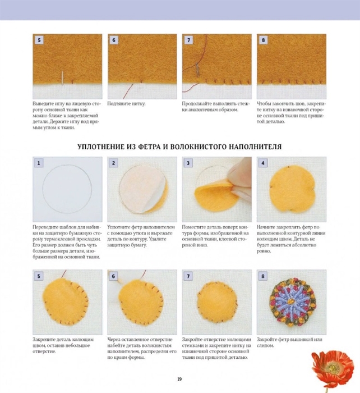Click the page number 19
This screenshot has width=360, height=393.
click(x=179, y=379)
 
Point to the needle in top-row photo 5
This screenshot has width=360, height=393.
click(x=62, y=77)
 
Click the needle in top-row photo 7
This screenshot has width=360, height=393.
click(x=197, y=69)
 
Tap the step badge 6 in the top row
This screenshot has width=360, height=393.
click(x=114, y=40)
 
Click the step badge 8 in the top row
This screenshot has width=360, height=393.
click(x=263, y=40)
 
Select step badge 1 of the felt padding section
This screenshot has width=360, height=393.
click(x=39, y=163)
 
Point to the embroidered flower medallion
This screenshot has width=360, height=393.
click(x=293, y=302)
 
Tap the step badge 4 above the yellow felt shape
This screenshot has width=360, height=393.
click(x=263, y=163)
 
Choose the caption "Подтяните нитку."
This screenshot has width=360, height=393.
click(x=126, y=104)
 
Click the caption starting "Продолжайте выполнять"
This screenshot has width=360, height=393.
click(x=216, y=107)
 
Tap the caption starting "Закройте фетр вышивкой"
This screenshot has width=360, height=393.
click(x=289, y=342)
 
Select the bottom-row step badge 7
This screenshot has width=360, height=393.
click(x=188, y=276)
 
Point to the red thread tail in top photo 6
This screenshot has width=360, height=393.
click(x=128, y=91)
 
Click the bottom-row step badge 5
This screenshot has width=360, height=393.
click(x=39, y=276)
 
